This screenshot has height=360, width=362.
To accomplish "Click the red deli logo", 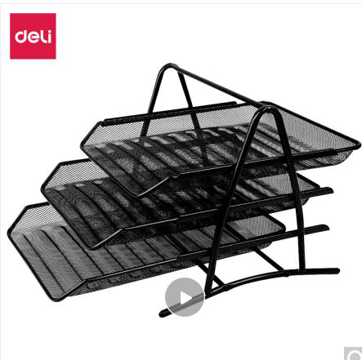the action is click(x=33, y=36).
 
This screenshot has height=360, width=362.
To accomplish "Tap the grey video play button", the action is click(x=185, y=297).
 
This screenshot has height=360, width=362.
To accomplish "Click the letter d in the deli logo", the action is click(x=21, y=37).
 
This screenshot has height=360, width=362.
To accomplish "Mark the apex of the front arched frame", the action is click(x=268, y=109).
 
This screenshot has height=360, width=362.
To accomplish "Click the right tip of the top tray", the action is click(x=359, y=145).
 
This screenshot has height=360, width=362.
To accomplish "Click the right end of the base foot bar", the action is click(x=337, y=270).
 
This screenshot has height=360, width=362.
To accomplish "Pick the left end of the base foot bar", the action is click(x=162, y=313).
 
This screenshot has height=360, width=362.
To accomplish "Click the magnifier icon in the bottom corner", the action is click(x=354, y=354).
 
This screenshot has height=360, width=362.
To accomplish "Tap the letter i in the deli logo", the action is click(x=48, y=37).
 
